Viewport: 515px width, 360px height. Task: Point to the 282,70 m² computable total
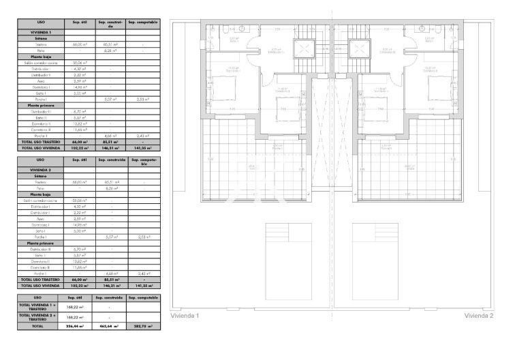(142, 327)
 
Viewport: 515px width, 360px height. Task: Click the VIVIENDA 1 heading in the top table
(40, 32)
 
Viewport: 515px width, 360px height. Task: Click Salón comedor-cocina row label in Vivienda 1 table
(40, 63)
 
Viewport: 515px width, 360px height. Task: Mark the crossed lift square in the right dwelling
(359, 49)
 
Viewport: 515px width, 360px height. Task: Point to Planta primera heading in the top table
(40, 106)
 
